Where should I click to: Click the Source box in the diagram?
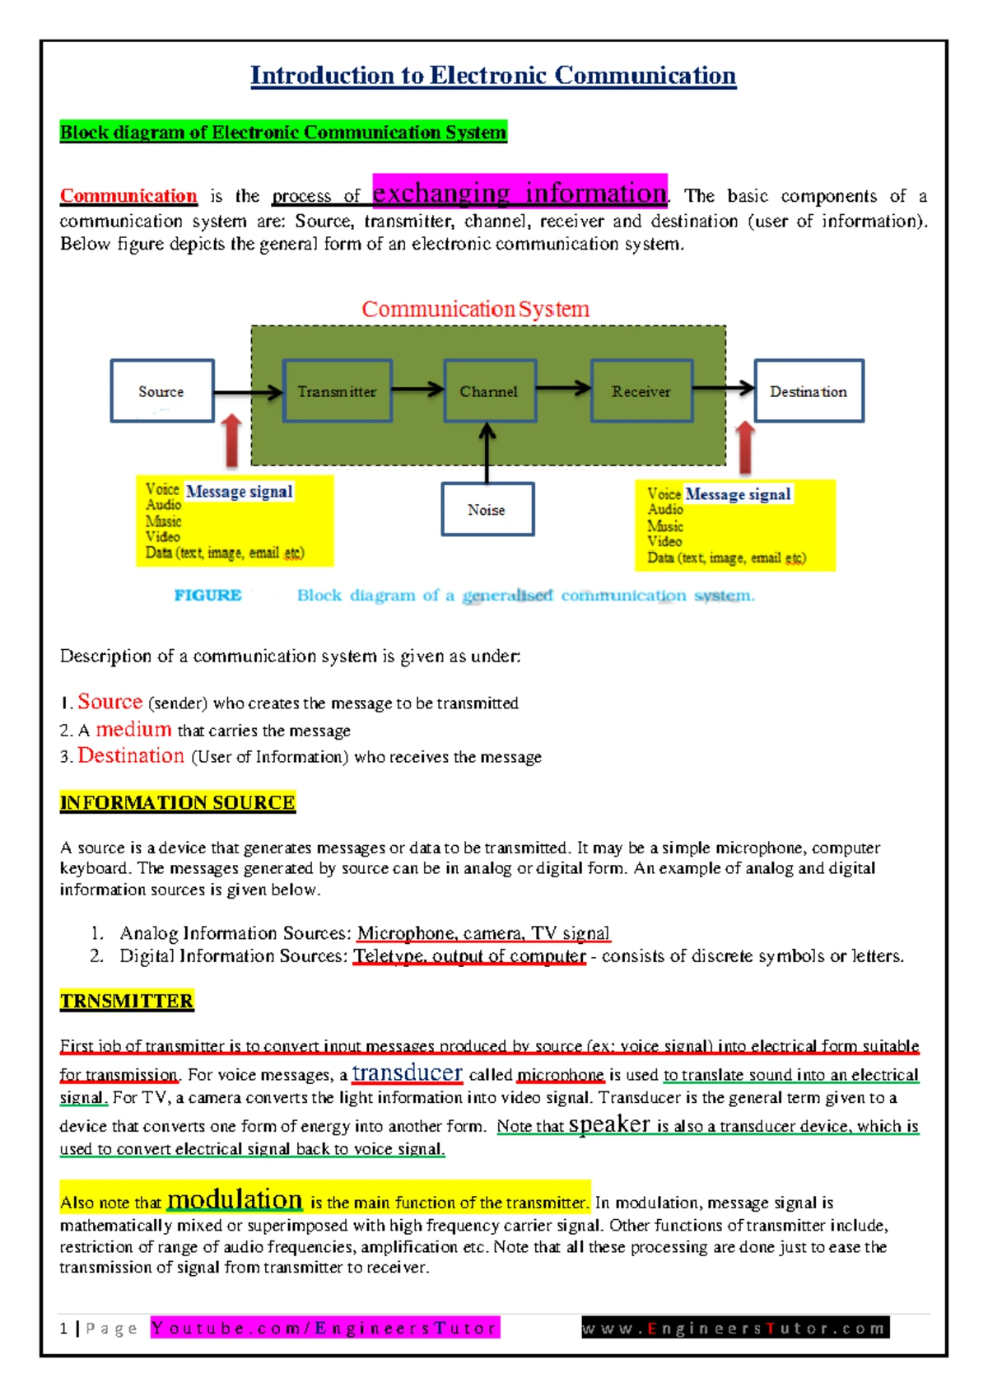162,391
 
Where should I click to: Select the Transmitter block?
337,391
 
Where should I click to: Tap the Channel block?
489,391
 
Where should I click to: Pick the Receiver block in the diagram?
641,391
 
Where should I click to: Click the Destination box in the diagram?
809,391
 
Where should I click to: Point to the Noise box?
487,510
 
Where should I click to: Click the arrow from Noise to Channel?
487,453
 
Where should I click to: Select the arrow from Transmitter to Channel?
417,390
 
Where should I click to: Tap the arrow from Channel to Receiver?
563,389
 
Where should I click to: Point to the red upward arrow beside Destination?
745,446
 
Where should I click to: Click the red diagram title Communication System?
476,309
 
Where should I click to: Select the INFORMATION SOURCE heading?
177,802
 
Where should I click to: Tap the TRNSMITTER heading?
127,1001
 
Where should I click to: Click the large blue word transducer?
407,1072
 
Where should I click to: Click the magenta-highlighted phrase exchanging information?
520,193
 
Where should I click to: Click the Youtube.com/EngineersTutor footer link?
325,1328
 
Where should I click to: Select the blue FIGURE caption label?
207,596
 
